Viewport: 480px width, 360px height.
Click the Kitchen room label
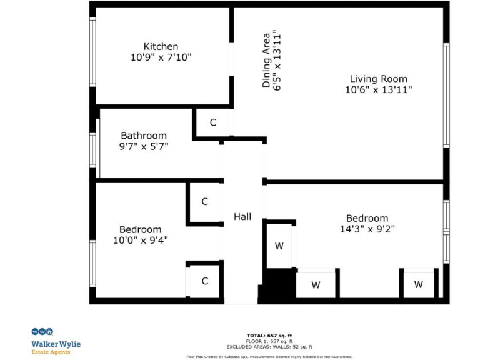pyautogui.click(x=161, y=46)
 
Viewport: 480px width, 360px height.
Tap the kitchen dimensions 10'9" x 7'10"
pyautogui.click(x=161, y=57)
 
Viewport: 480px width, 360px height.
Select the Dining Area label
pyautogui.click(x=267, y=60)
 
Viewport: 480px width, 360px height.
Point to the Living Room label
pyautogui.click(x=378, y=79)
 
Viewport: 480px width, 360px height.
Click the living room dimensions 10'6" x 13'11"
pyautogui.click(x=378, y=89)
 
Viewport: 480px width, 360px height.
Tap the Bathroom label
pyautogui.click(x=144, y=135)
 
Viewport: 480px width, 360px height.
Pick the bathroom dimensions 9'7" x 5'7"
pyautogui.click(x=144, y=146)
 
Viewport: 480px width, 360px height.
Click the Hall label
pyautogui.click(x=242, y=216)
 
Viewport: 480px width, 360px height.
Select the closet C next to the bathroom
pyautogui.click(x=212, y=122)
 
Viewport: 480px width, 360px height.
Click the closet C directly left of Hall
pyautogui.click(x=204, y=202)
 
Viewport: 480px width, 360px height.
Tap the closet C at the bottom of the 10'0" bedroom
pyautogui.click(x=204, y=281)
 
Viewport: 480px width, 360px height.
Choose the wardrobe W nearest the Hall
pyautogui.click(x=279, y=246)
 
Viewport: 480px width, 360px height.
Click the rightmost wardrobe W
pyautogui.click(x=418, y=285)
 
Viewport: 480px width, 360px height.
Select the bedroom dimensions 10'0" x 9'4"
pyautogui.click(x=141, y=240)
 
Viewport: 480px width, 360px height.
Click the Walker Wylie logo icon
pyautogui.click(x=42, y=332)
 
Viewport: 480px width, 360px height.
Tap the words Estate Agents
pyautogui.click(x=51, y=352)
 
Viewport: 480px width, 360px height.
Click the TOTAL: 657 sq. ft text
pyautogui.click(x=269, y=336)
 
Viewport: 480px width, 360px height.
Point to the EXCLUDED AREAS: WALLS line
pyautogui.click(x=269, y=347)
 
